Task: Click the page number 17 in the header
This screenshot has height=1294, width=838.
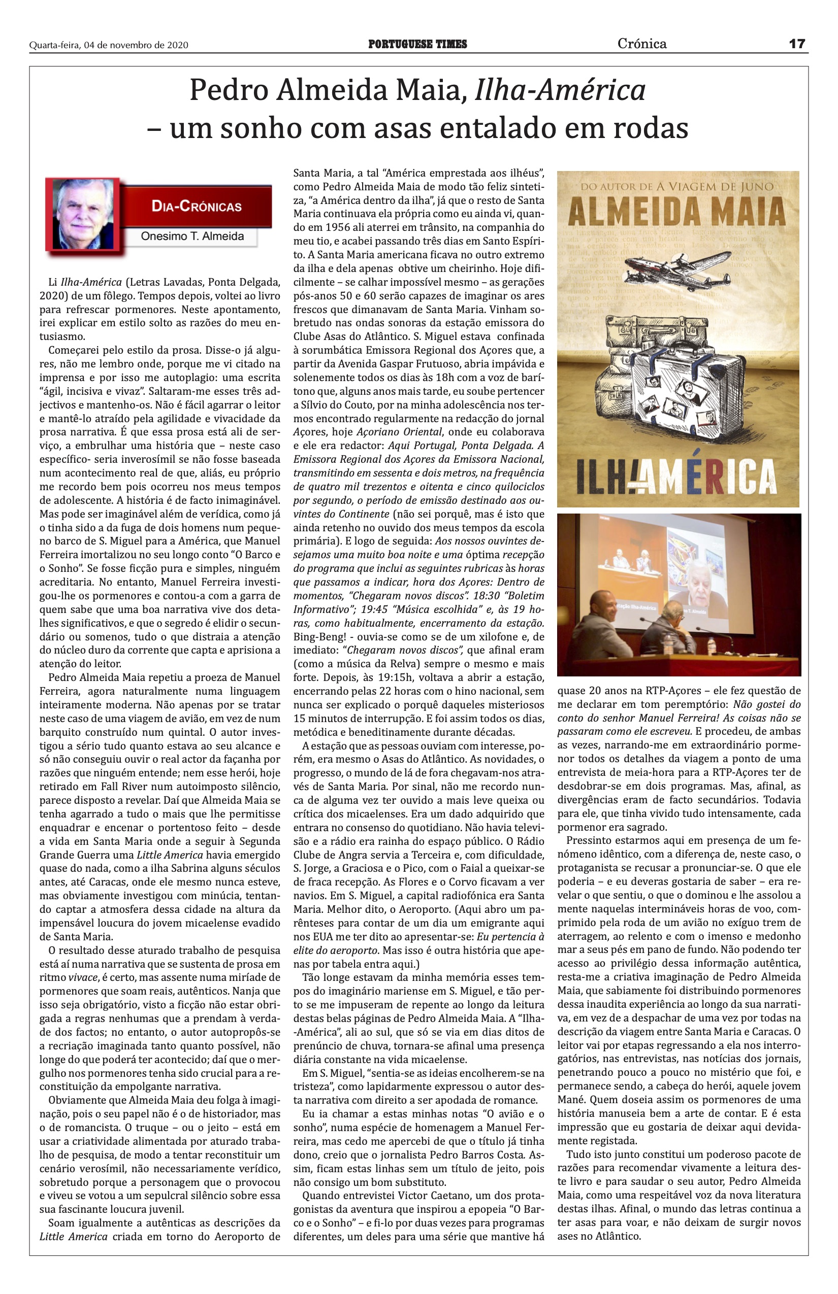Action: [x=797, y=44]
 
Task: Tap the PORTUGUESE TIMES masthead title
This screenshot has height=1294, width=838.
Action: [x=417, y=45]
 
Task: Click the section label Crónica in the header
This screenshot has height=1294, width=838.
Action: [x=641, y=44]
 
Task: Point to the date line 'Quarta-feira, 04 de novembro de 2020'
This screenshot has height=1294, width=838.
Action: [x=109, y=45]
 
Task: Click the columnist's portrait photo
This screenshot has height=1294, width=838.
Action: [x=84, y=214]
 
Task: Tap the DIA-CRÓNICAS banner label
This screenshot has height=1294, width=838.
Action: [x=197, y=207]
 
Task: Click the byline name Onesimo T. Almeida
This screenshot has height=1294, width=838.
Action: [x=192, y=236]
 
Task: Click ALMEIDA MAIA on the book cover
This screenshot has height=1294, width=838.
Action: [x=676, y=211]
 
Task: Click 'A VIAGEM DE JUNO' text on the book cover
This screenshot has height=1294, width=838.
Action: [x=715, y=187]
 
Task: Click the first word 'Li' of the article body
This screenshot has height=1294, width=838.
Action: [x=53, y=282]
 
